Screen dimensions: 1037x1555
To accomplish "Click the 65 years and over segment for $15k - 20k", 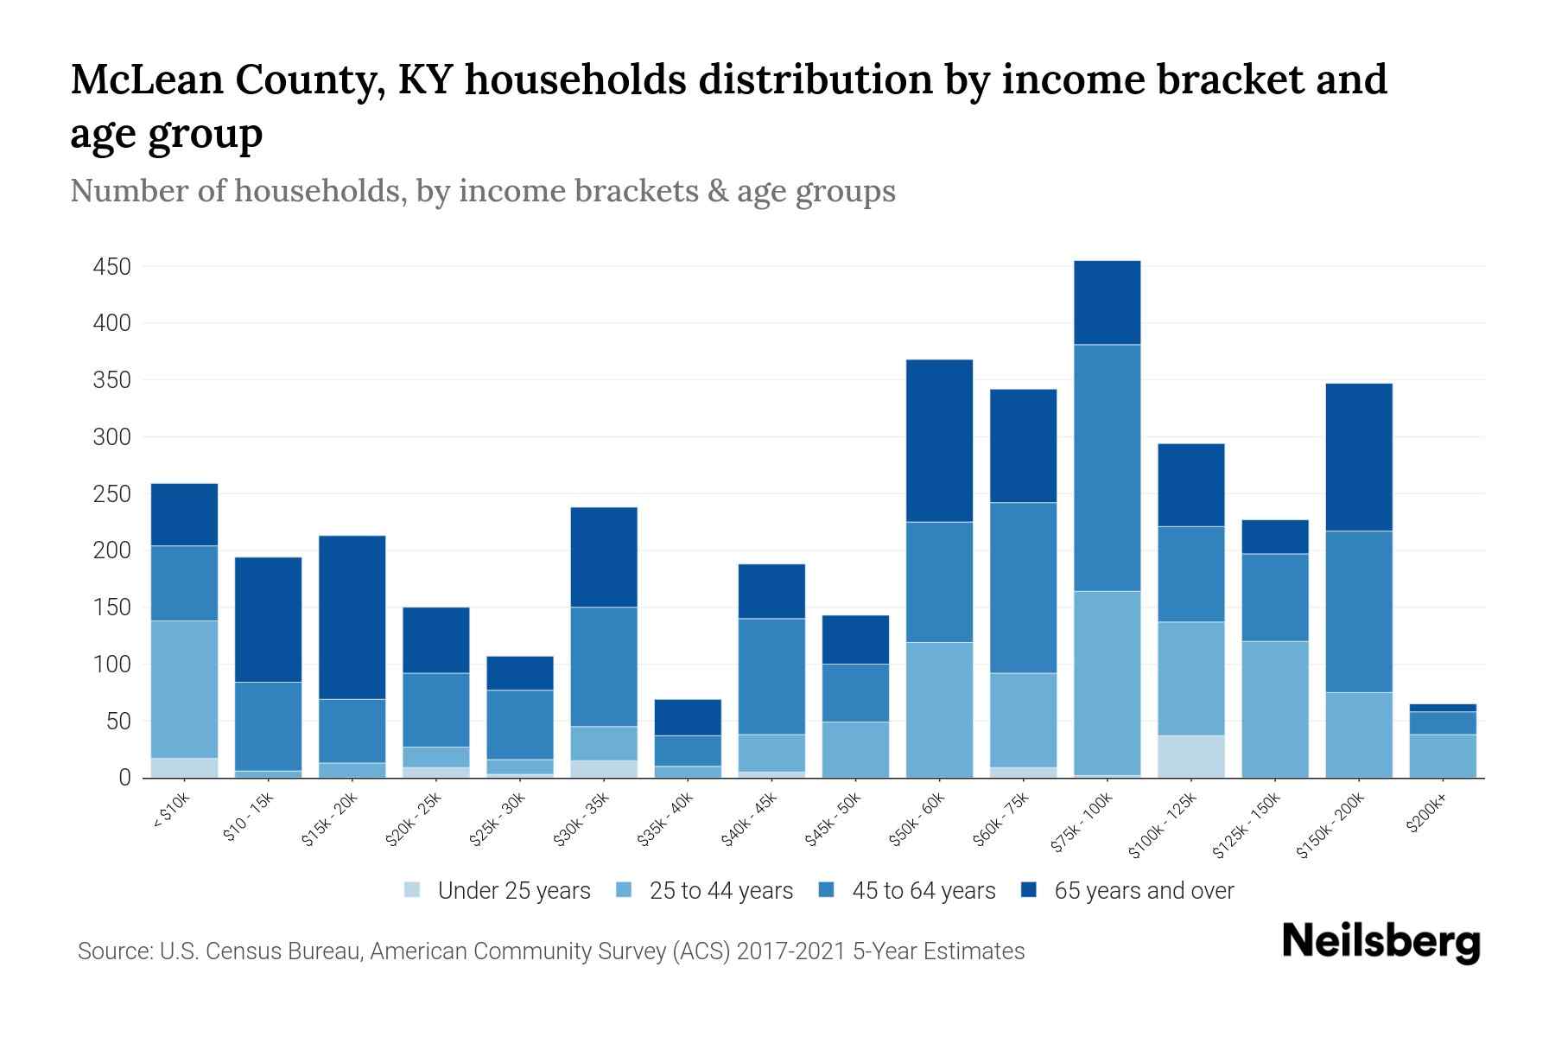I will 352,617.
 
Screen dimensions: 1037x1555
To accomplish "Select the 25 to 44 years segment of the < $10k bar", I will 184,689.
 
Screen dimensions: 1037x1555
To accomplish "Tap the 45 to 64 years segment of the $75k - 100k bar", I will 1107,468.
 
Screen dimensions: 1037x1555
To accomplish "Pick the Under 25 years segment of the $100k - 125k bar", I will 1190,756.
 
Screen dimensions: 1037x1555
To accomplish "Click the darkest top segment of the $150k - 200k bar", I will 1358,456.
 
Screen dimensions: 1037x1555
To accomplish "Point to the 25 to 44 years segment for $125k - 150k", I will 1274,709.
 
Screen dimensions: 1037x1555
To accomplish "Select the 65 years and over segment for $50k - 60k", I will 939,440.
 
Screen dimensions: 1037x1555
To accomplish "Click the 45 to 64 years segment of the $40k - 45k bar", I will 771,676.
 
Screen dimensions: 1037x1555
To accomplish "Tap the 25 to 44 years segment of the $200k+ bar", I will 1442,755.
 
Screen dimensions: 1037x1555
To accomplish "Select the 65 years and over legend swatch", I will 1028,890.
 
